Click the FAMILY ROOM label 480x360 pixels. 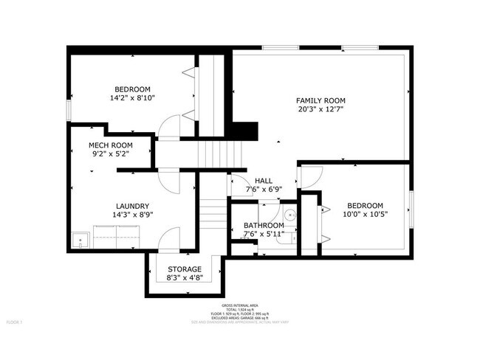click(320, 100)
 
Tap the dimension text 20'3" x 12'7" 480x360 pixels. click(320, 109)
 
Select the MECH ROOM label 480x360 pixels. click(110, 145)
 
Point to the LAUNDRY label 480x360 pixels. click(133, 206)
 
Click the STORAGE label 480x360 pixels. click(184, 269)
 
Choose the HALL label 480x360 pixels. click(264, 180)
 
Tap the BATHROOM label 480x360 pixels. click(264, 226)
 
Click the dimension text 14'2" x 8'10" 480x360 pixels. click(132, 97)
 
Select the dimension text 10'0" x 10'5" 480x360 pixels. click(366, 215)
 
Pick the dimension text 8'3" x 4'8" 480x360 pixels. click(184, 278)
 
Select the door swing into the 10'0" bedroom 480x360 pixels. click(311, 176)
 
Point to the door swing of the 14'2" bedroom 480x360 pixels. click(170, 126)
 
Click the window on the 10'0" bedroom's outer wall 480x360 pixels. click(410, 208)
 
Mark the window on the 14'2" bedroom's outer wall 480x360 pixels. click(69, 108)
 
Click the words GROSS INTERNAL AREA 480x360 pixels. click(239, 305)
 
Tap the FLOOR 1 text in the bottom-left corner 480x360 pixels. click(15, 322)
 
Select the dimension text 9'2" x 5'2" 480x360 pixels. click(110, 155)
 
